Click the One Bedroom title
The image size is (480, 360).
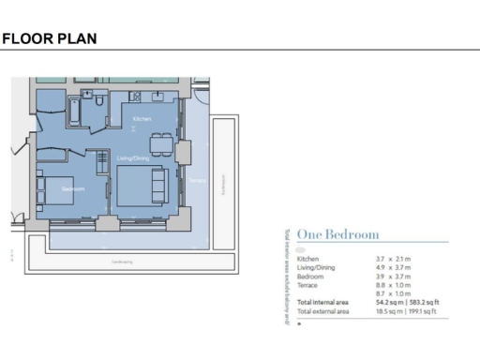pos(337,233)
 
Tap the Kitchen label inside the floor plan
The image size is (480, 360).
pos(142,120)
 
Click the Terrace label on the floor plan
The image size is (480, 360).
pos(196,180)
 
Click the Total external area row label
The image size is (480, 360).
pos(322,311)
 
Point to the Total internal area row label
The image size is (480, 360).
pos(322,303)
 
